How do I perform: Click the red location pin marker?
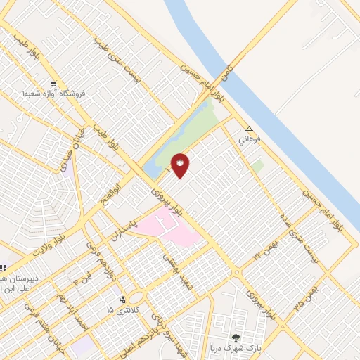pyautogui.click(x=180, y=165)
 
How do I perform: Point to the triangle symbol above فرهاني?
pyautogui.click(x=249, y=129)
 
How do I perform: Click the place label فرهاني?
pyautogui.click(x=249, y=139)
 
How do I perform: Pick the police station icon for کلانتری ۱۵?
pyautogui.click(x=124, y=300)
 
